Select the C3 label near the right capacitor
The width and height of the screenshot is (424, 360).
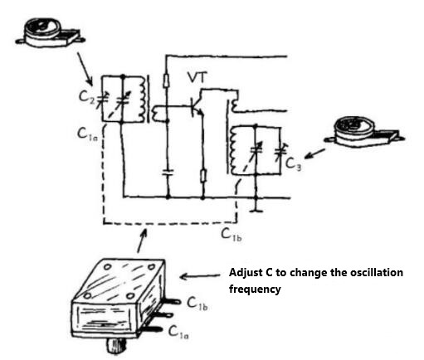click(x=294, y=162)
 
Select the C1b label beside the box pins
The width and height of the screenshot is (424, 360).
click(x=198, y=307)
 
